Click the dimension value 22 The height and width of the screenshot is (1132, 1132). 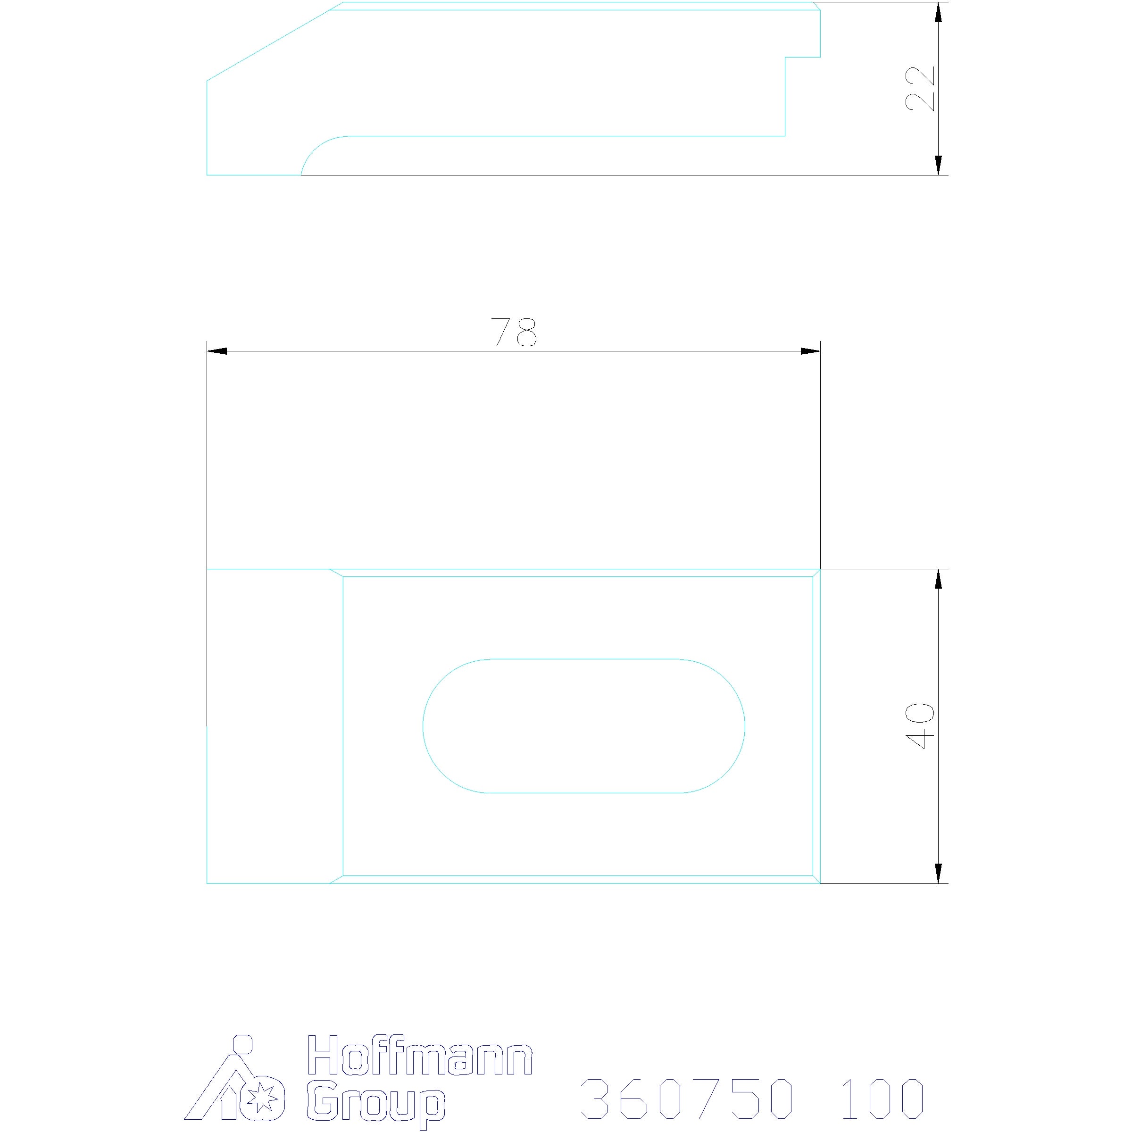tap(920, 89)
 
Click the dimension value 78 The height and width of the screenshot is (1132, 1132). tap(513, 332)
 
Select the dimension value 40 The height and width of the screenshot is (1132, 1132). tap(920, 726)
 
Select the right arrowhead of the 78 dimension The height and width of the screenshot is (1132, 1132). tap(810, 351)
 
